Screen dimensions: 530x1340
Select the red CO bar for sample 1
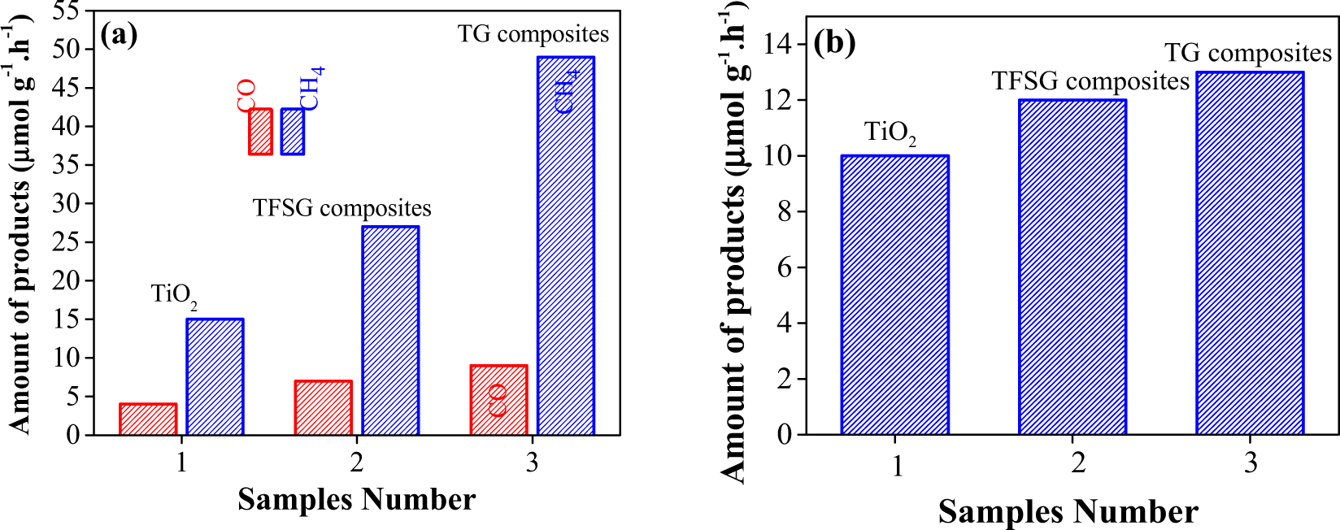[x=148, y=419]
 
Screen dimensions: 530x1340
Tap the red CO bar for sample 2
[x=324, y=407]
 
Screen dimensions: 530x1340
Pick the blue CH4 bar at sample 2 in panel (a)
[x=390, y=330]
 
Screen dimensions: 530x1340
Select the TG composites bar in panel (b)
[x=1250, y=253]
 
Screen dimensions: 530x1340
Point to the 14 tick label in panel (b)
[x=778, y=44]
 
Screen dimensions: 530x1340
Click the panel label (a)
[x=119, y=35]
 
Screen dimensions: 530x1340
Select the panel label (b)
[x=835, y=42]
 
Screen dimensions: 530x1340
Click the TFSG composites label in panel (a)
[x=342, y=208]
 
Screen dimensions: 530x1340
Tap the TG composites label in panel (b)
[x=1248, y=53]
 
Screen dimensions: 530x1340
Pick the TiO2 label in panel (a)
[x=174, y=294]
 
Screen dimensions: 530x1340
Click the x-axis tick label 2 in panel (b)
[x=1078, y=463]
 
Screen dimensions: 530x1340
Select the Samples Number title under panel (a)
[x=356, y=499]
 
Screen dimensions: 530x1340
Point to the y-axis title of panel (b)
[x=733, y=244]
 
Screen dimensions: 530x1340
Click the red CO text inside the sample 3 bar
[x=498, y=401]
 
